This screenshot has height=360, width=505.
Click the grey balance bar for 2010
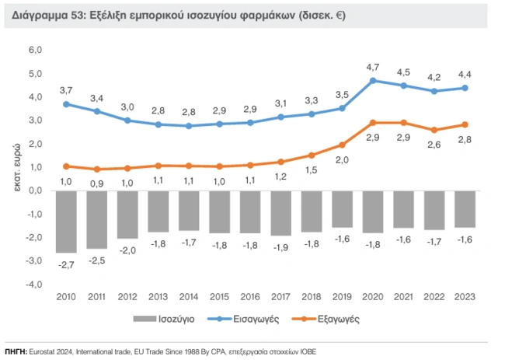(66, 222)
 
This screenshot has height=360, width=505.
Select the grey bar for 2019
(342, 209)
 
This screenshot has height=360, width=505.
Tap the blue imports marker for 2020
(373, 80)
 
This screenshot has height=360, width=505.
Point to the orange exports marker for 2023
(465, 124)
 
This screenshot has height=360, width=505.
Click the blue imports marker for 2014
(189, 125)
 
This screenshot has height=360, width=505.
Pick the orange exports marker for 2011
(96, 169)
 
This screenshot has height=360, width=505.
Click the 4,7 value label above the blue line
(373, 67)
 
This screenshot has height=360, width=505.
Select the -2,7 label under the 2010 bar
(67, 265)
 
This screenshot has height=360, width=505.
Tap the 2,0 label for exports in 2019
(342, 159)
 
